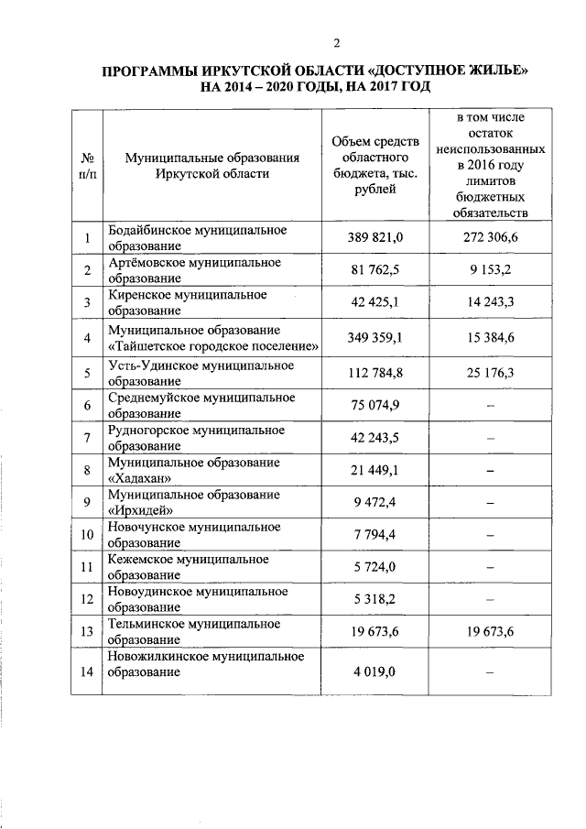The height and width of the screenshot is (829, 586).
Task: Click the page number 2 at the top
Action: pyautogui.click(x=337, y=43)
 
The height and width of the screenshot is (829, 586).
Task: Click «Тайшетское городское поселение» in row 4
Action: pyautogui.click(x=215, y=345)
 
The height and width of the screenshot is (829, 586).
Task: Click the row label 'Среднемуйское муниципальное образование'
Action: pyautogui.click(x=201, y=404)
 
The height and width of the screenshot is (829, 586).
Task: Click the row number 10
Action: pyautogui.click(x=87, y=534)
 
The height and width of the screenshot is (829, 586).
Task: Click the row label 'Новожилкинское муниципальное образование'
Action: pyautogui.click(x=206, y=665)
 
